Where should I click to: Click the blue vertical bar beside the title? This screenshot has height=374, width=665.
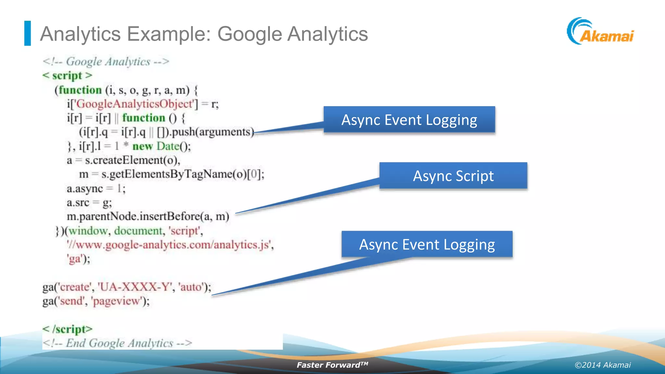[x=28, y=33]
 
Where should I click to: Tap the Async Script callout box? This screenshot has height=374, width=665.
[x=453, y=176]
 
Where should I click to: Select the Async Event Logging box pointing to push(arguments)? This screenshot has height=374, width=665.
[x=409, y=120]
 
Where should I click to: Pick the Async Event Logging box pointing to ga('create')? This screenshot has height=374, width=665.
[x=427, y=244]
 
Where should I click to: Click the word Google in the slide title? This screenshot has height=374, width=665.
[x=249, y=34]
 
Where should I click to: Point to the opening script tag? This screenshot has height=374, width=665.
[x=67, y=76]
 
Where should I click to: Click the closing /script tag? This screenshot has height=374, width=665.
[x=68, y=329]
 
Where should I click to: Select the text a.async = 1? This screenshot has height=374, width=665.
[x=96, y=189]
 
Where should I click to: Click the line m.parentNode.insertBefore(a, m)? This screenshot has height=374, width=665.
[x=148, y=217]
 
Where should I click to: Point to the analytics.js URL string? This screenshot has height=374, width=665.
[x=169, y=245]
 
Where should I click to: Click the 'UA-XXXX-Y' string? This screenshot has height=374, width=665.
[x=135, y=287]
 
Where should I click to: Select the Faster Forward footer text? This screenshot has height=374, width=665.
[x=332, y=365]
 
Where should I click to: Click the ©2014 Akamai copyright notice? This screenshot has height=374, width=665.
[x=602, y=365]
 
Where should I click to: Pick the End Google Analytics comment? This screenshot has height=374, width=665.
[x=117, y=343]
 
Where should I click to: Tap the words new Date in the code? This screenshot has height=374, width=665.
[x=156, y=146]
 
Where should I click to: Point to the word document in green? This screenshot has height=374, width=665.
[x=138, y=231]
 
